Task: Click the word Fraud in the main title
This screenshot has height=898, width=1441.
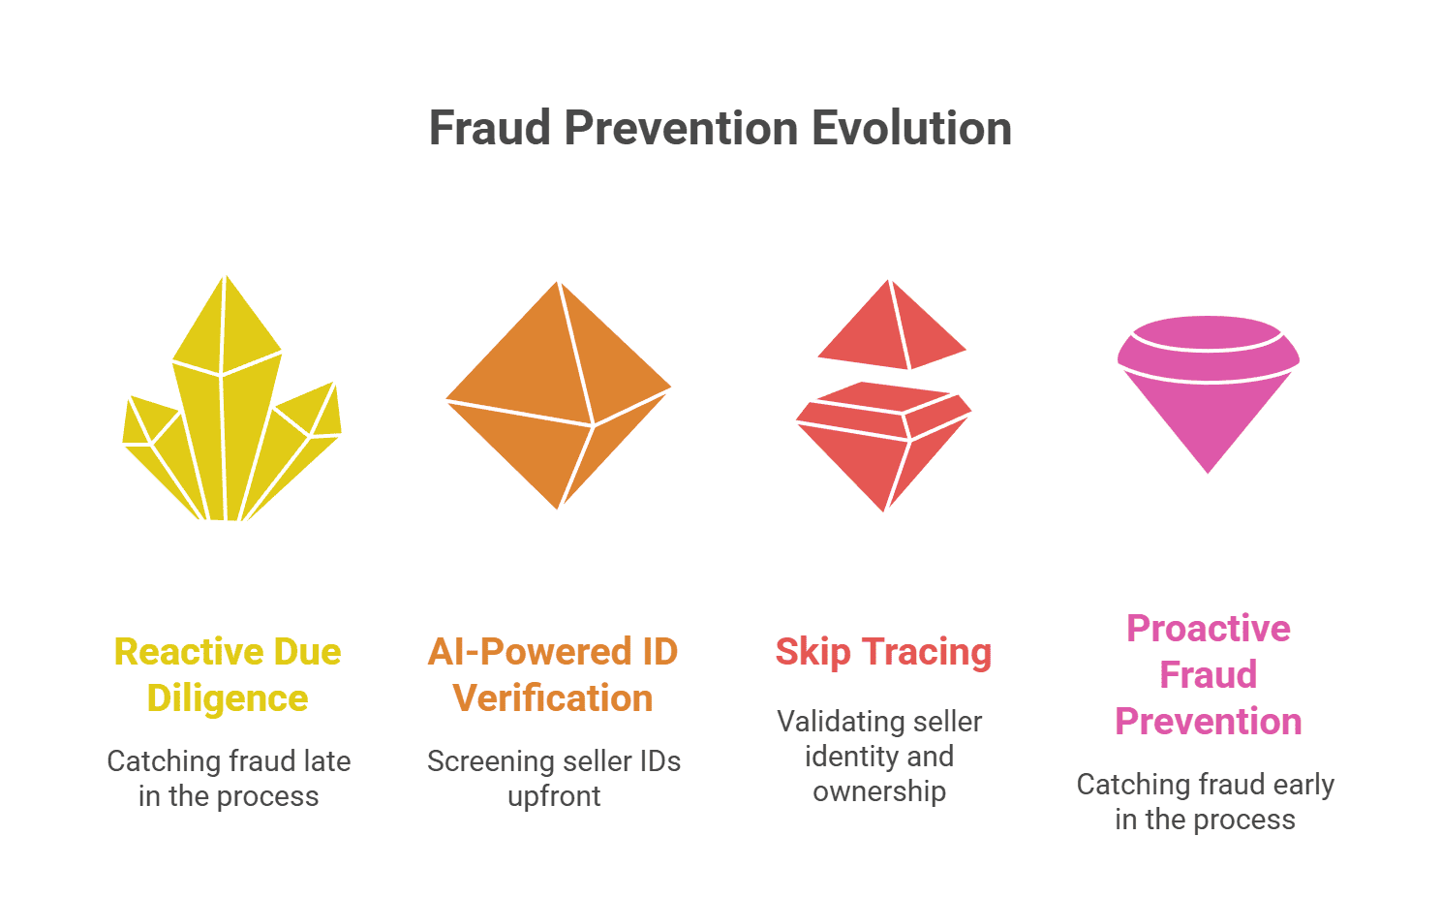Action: pos(490,128)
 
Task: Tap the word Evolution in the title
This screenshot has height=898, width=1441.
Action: pos(911,128)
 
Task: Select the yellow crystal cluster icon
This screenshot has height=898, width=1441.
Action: pos(231,398)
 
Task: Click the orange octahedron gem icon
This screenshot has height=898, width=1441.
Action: pos(559,395)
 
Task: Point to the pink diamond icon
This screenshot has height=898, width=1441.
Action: pos(1209,394)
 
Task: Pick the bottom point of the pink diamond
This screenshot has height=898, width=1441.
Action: pos(1208,473)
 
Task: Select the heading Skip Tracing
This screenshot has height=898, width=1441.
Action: pos(883,652)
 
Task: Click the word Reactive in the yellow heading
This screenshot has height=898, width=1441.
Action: pos(189,651)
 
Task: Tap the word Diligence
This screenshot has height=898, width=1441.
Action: pos(228,698)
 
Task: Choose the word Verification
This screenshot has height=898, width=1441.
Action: pos(553,698)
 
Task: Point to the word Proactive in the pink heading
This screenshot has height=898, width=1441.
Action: pos(1209,629)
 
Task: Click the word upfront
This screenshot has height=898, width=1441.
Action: pos(554,797)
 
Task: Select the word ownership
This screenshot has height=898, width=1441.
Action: pos(879,791)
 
